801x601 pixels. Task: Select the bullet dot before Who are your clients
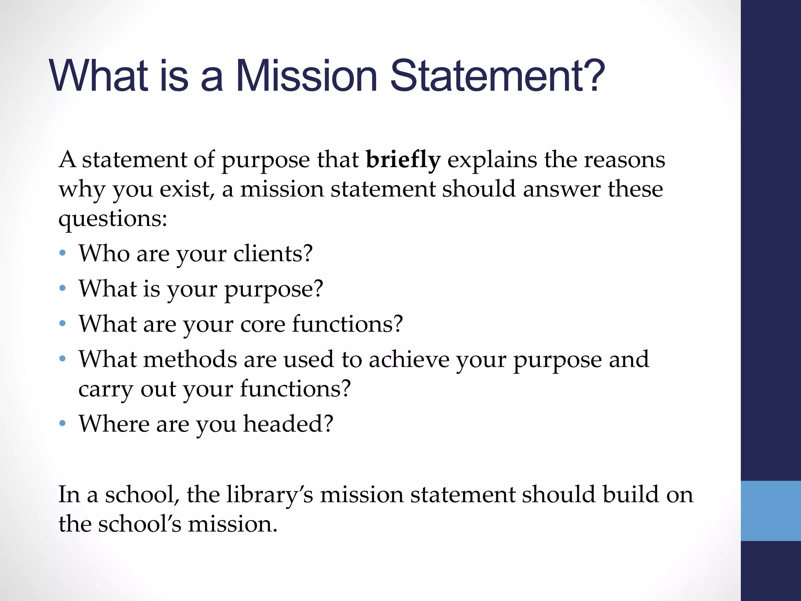63,253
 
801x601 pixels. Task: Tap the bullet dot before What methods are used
63,359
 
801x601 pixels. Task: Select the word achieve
409,359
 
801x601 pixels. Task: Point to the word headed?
288,424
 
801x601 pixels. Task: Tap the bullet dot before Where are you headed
63,423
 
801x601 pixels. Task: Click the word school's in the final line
140,524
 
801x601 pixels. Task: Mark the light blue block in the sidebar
770,511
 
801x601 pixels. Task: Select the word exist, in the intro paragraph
187,190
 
